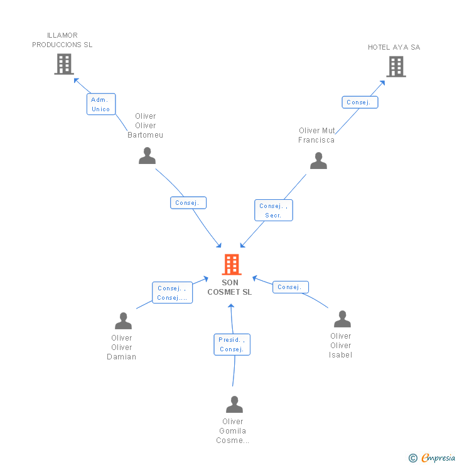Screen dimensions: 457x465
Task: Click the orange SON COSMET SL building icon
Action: [x=232, y=264]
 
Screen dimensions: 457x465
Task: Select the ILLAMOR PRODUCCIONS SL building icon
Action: [x=64, y=64]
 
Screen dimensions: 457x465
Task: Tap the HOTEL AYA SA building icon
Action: [x=396, y=67]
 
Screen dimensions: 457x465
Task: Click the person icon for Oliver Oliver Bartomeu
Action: [x=147, y=155]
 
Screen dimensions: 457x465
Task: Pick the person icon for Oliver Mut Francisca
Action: [x=318, y=160]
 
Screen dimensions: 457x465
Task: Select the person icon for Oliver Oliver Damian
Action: [x=123, y=320]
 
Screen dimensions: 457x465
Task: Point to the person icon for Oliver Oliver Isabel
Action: [x=342, y=319]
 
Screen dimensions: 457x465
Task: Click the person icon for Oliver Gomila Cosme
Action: [x=234, y=404]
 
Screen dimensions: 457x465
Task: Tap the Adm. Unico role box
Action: [x=101, y=104]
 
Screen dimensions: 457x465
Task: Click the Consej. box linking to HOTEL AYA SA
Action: [x=360, y=102]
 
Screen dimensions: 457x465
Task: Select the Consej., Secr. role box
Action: [x=274, y=211]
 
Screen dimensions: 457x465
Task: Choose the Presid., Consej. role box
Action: [x=232, y=344]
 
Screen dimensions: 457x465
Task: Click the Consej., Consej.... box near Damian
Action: [x=173, y=293]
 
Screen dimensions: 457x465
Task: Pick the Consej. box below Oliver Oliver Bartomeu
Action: [x=188, y=203]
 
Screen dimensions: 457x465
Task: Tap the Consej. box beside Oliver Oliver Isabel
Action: [x=291, y=287]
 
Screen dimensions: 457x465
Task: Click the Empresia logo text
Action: [x=438, y=457]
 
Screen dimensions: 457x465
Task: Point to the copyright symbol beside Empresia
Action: [x=413, y=458]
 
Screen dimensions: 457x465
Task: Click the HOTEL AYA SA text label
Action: [x=394, y=47]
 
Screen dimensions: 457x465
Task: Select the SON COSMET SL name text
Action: [x=230, y=287]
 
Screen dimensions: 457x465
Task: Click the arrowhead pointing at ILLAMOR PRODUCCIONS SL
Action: [x=76, y=80]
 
